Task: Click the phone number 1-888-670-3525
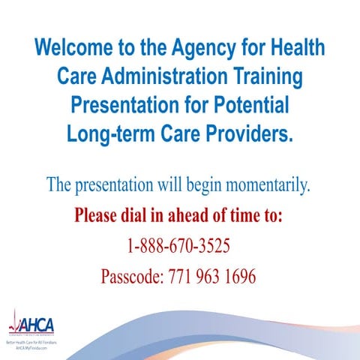(178, 247)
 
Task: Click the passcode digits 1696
(241, 277)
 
